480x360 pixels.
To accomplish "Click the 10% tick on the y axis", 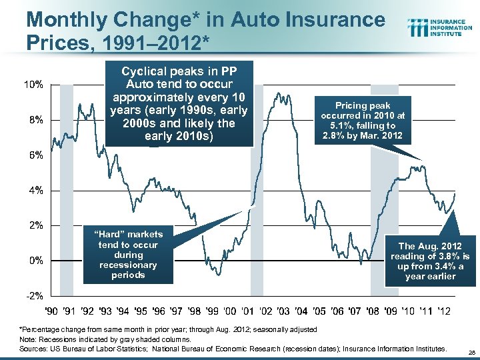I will [x=34, y=85].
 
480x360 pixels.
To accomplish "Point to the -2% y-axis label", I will [x=34, y=295].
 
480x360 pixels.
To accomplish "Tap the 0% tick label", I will [x=36, y=260].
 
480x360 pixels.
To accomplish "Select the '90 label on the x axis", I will [x=51, y=311].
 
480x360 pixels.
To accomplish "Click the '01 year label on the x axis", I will [x=247, y=311].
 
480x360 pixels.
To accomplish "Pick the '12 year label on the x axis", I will [x=443, y=311].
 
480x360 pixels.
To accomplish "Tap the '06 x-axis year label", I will [x=337, y=311].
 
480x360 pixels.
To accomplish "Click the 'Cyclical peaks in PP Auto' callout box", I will [x=177, y=103].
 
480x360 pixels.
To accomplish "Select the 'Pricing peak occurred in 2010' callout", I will [x=363, y=121].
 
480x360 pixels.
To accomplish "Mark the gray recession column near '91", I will [x=66, y=200].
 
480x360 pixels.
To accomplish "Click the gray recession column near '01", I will [x=257, y=200].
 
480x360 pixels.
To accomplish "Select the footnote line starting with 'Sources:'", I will [x=233, y=348].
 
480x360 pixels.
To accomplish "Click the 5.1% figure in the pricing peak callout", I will [x=348, y=125].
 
